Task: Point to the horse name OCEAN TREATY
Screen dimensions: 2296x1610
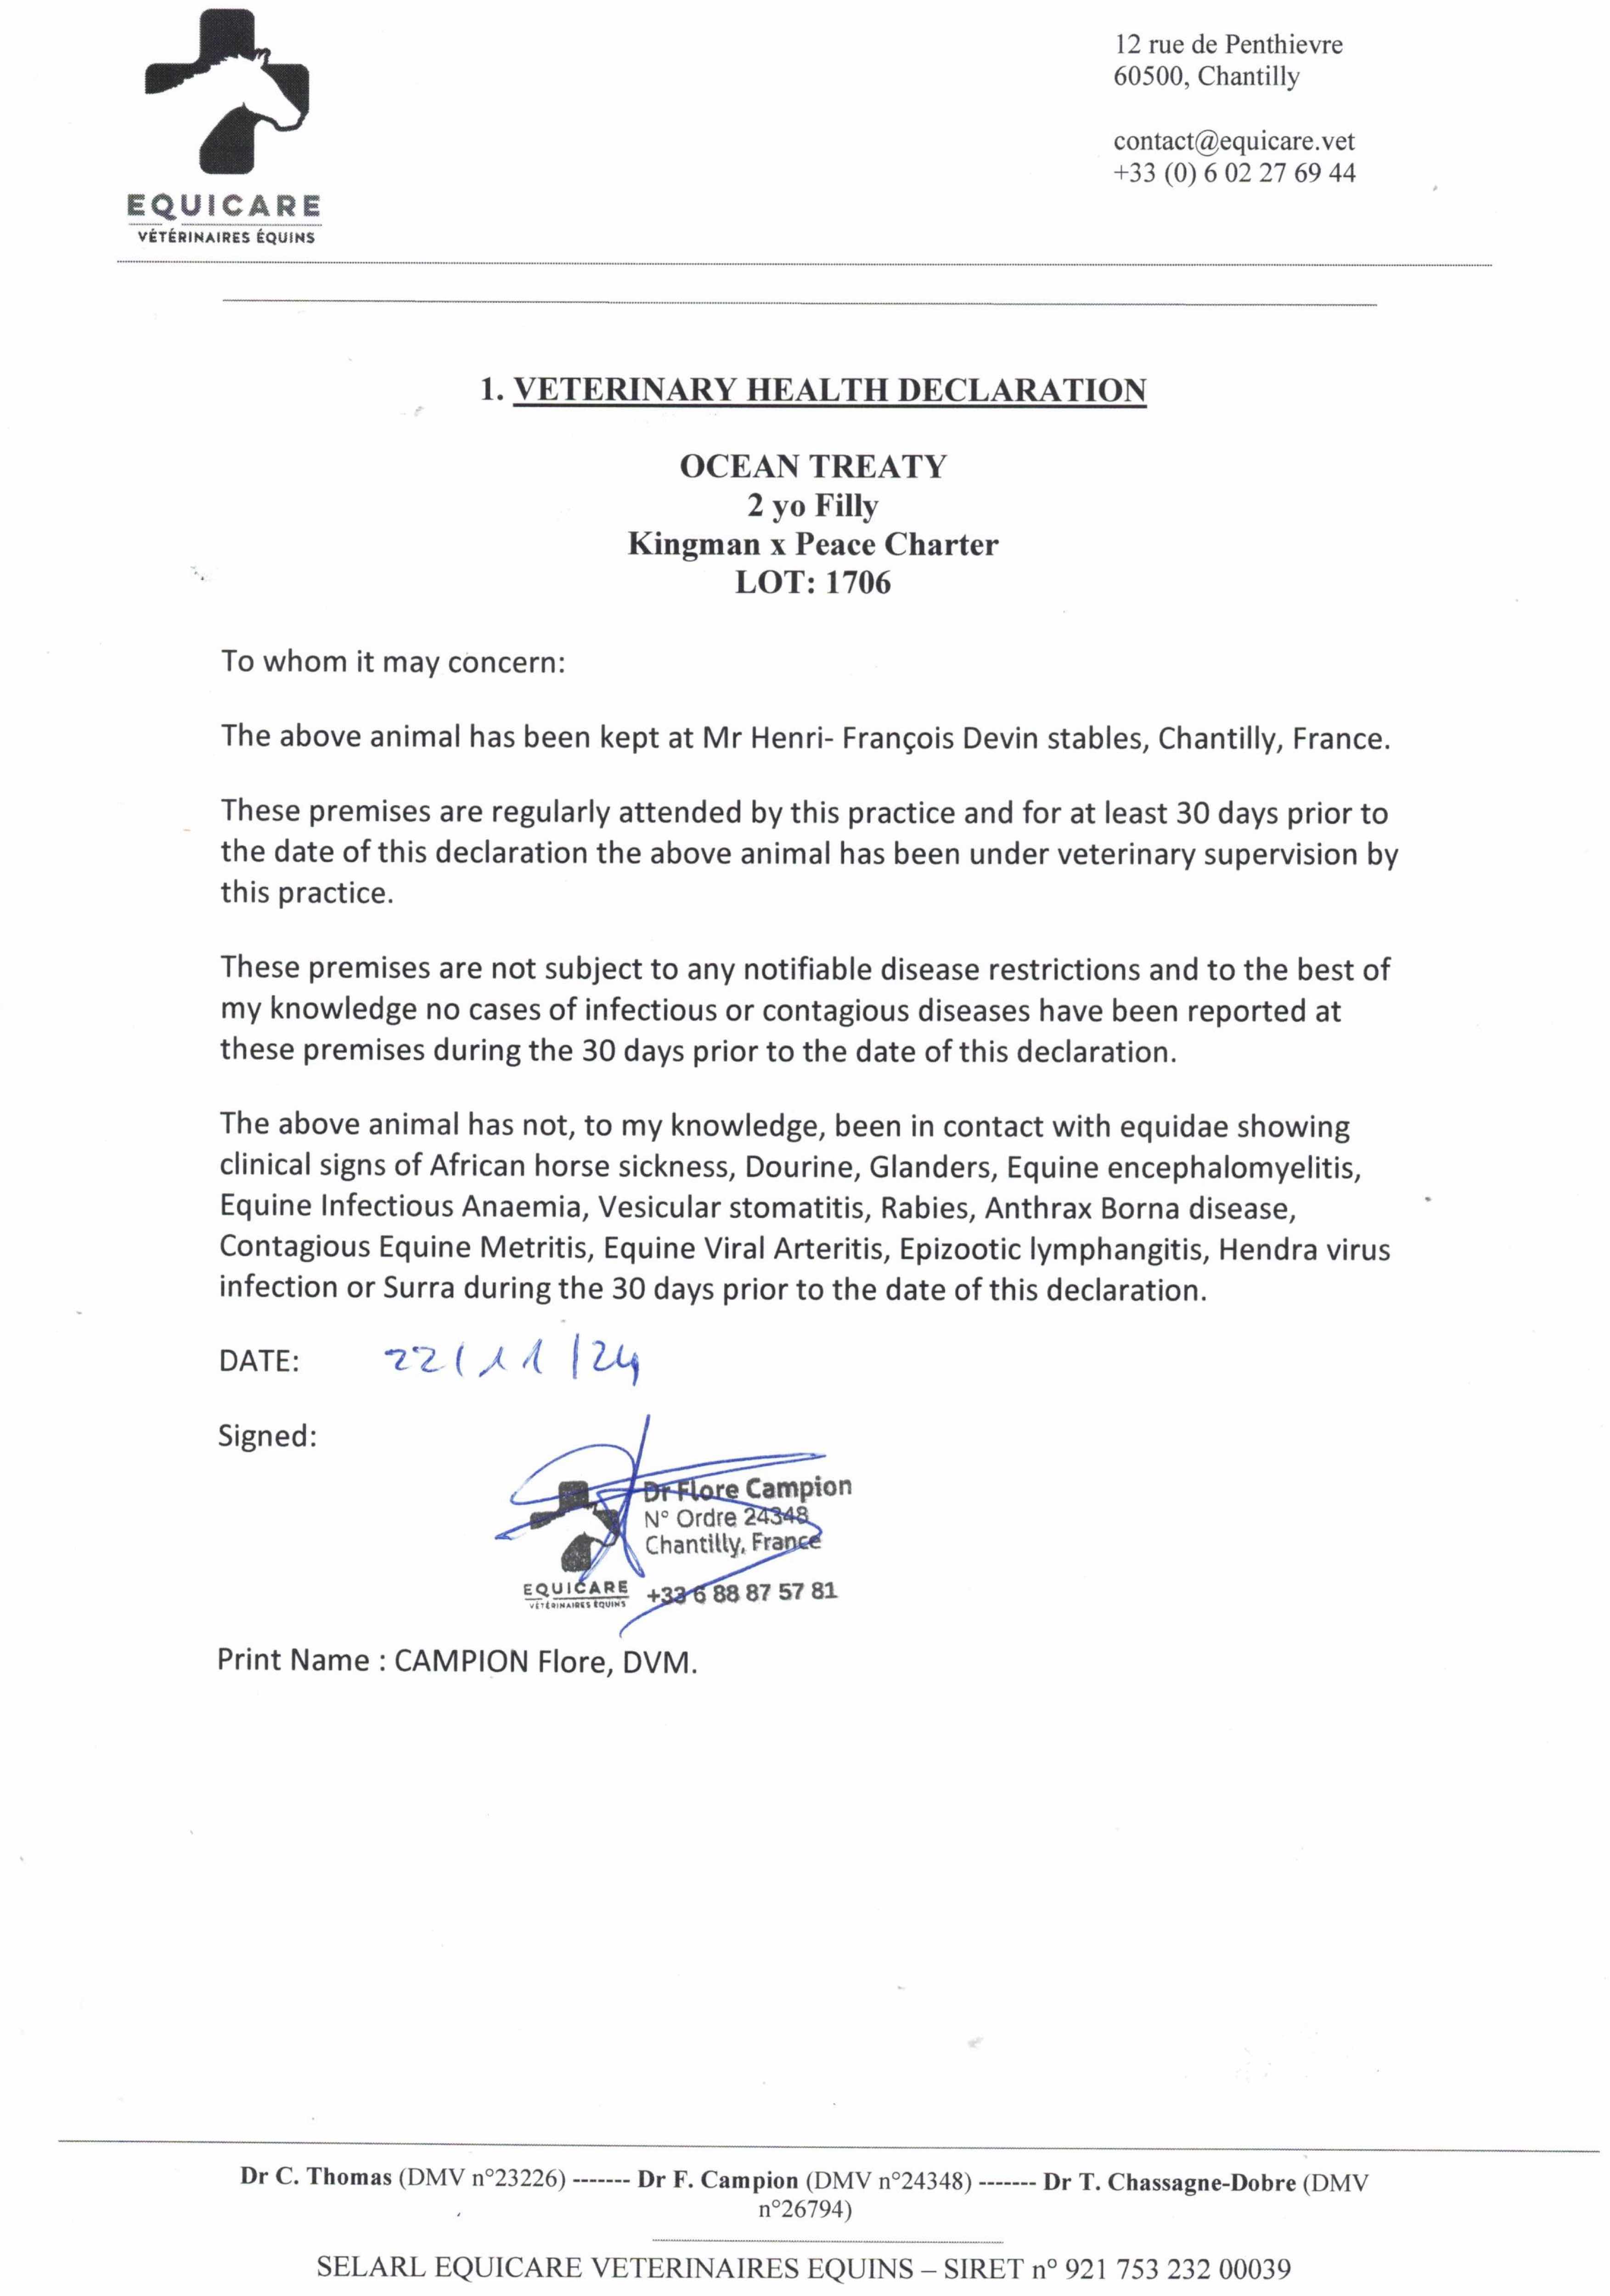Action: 812,466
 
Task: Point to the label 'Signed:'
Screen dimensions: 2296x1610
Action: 267,1436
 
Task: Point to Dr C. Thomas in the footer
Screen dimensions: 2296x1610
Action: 316,2177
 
